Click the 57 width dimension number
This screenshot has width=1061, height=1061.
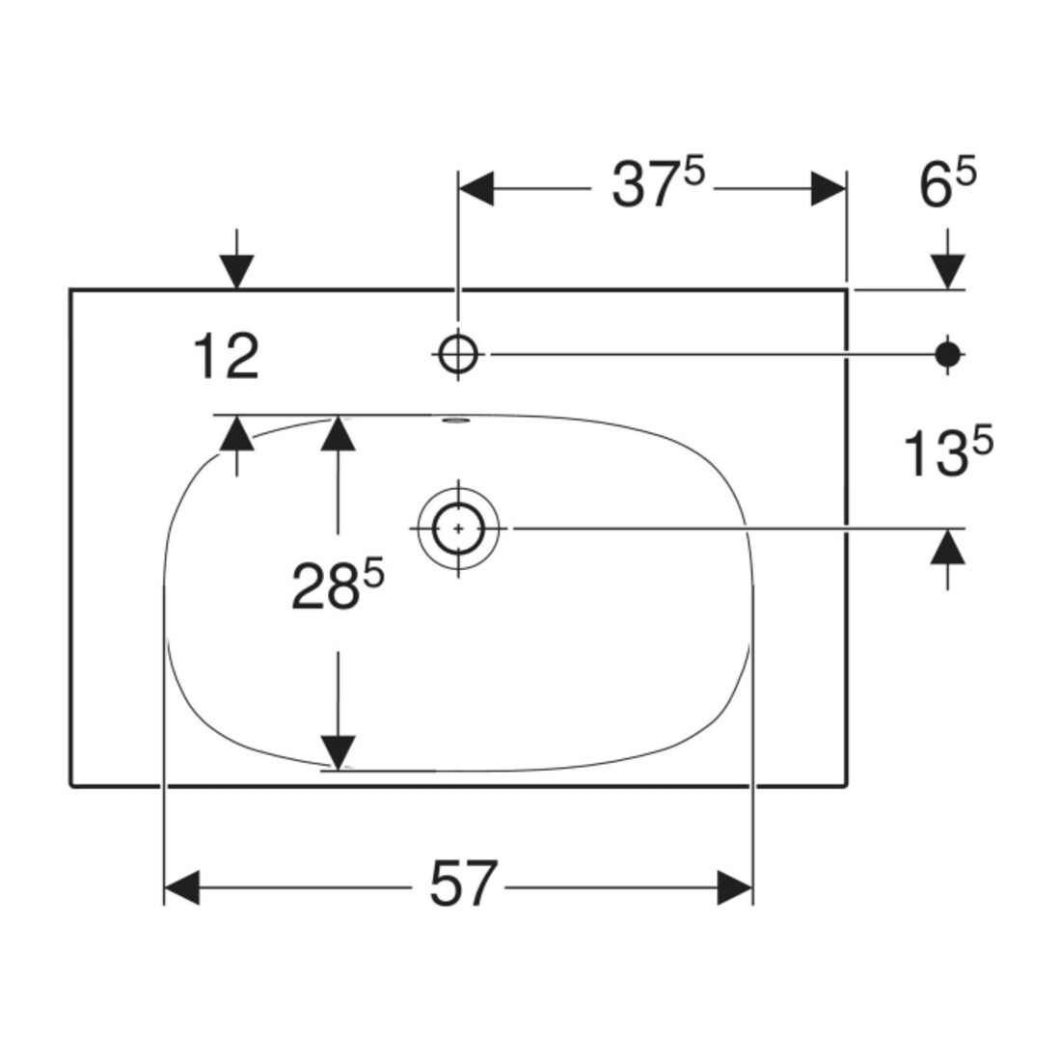click(x=464, y=884)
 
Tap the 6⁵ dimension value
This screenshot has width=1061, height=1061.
click(x=947, y=184)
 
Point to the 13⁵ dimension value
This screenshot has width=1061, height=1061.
click(x=948, y=454)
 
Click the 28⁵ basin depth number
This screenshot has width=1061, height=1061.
click(x=338, y=586)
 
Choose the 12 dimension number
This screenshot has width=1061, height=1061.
click(x=226, y=357)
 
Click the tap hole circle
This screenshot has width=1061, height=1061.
click(x=458, y=354)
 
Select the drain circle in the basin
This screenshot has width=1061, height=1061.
click(x=458, y=529)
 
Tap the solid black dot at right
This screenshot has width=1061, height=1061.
click(x=947, y=354)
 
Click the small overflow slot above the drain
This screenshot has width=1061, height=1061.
click(x=454, y=421)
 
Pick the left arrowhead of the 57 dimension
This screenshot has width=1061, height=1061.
click(x=181, y=887)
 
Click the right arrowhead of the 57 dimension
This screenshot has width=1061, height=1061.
click(x=735, y=887)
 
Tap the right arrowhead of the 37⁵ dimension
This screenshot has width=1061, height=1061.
click(x=829, y=189)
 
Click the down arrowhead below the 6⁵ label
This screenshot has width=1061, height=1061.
click(x=947, y=272)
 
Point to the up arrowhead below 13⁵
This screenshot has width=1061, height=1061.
click(x=947, y=546)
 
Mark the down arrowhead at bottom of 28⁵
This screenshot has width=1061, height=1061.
click(x=338, y=752)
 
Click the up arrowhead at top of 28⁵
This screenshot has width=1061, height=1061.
click(x=338, y=432)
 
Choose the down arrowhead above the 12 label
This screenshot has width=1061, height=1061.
click(x=236, y=272)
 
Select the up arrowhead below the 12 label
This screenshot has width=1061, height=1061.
click(x=236, y=432)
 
